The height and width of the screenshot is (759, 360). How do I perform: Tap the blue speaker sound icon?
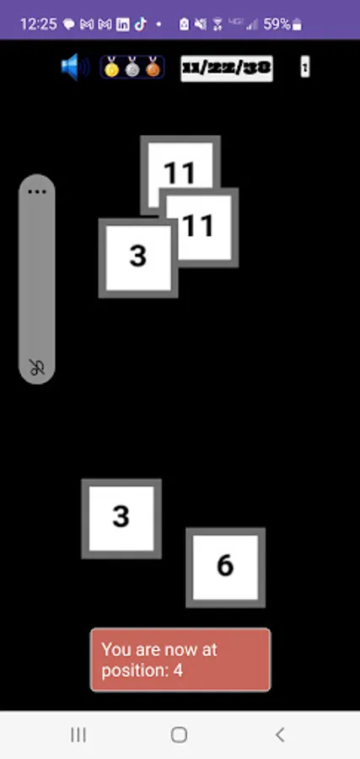point(74,67)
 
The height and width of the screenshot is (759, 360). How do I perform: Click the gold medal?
point(111,67)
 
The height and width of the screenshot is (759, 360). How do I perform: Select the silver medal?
point(132,67)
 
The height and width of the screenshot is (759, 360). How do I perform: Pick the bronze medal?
point(152,67)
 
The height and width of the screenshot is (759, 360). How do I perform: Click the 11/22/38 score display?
point(226,67)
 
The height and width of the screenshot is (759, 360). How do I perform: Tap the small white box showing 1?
point(304,67)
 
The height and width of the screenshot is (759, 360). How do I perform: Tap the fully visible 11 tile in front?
point(199,226)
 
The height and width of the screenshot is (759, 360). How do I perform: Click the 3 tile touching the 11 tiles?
point(137,256)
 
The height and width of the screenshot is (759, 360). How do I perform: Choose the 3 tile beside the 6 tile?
point(121,517)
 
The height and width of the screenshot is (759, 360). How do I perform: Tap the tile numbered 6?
point(225,567)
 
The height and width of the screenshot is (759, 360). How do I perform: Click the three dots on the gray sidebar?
point(36,192)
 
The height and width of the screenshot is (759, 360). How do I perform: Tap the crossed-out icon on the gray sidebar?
point(36,367)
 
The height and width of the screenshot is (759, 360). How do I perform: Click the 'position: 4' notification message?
point(180,659)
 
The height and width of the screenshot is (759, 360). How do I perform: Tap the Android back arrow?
point(281,735)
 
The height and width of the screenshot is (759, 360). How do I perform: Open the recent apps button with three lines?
point(78,735)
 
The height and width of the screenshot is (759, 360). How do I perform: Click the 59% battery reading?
point(277,24)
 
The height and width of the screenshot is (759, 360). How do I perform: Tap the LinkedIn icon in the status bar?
point(122,24)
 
